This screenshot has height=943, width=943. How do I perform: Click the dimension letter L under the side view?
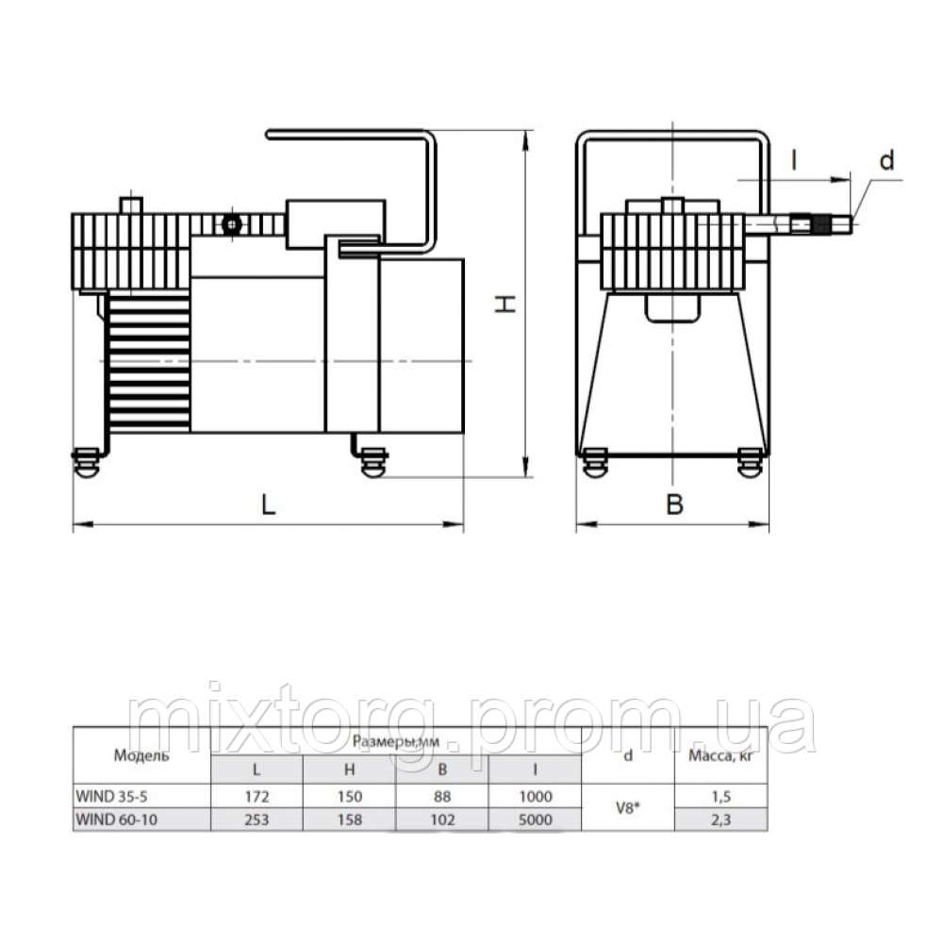pos(268,505)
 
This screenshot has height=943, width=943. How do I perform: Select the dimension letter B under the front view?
pos(675,505)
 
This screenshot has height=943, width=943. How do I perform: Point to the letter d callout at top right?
pos(886,160)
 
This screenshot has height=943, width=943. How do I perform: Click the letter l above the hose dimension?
pos(794,160)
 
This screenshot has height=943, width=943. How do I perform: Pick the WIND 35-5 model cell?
pos(111,796)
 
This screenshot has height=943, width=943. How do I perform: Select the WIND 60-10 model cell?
pos(116,819)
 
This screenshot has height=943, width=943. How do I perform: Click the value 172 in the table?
pos(256,796)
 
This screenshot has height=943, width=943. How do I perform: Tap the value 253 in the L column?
pos(256,819)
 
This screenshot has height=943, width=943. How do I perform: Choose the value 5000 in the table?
pos(536,819)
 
